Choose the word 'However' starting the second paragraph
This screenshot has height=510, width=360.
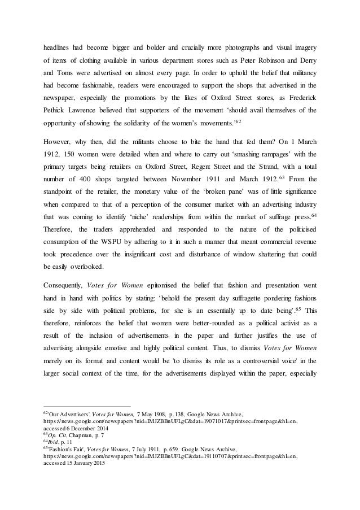click(x=58, y=149)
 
